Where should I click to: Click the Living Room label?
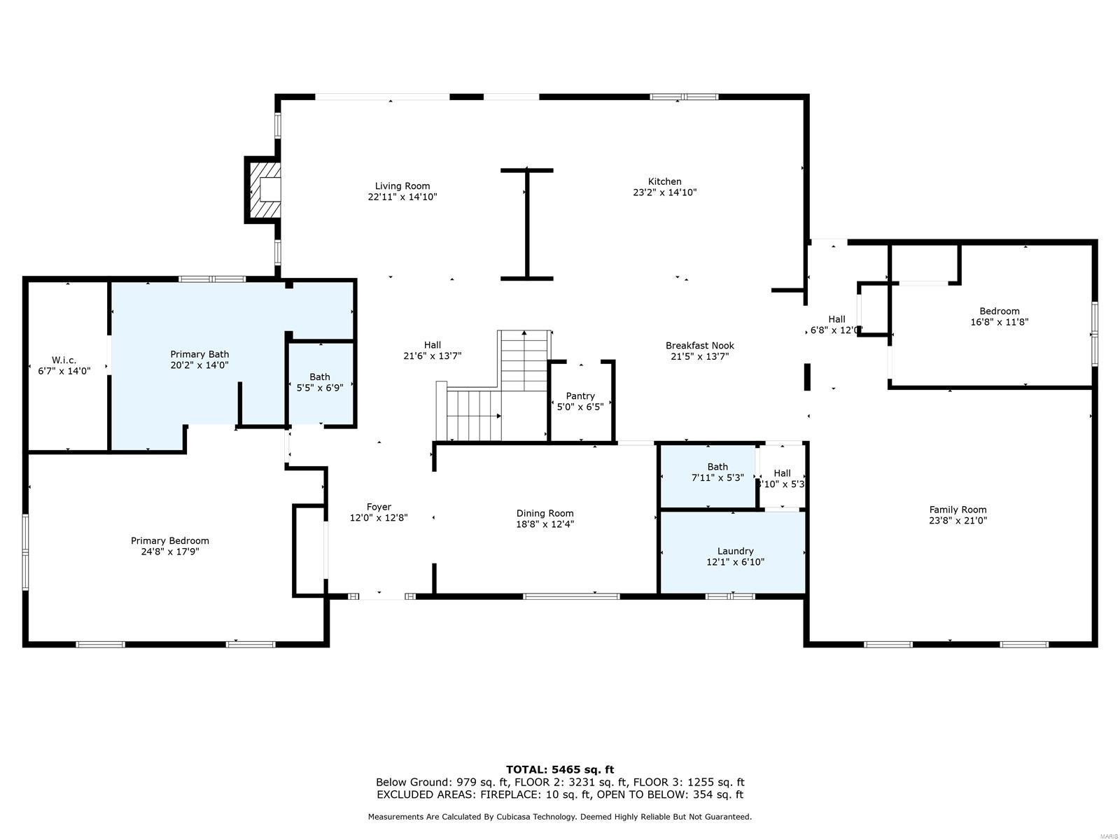(402, 186)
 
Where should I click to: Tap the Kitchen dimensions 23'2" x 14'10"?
(664, 192)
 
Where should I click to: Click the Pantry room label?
(580, 396)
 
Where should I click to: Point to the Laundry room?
(735, 552)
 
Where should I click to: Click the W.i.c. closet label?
(64, 360)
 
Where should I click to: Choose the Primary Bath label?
(199, 354)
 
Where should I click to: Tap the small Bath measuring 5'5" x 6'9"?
(320, 382)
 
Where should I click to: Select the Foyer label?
(379, 507)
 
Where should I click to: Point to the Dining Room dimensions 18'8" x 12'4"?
(545, 524)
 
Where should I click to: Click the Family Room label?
(958, 510)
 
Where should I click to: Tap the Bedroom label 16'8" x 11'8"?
(999, 311)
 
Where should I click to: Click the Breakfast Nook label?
(699, 345)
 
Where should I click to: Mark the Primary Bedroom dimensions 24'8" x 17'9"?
(170, 552)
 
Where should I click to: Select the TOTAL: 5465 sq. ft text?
(559, 769)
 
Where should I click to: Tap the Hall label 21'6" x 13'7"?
(432, 345)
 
